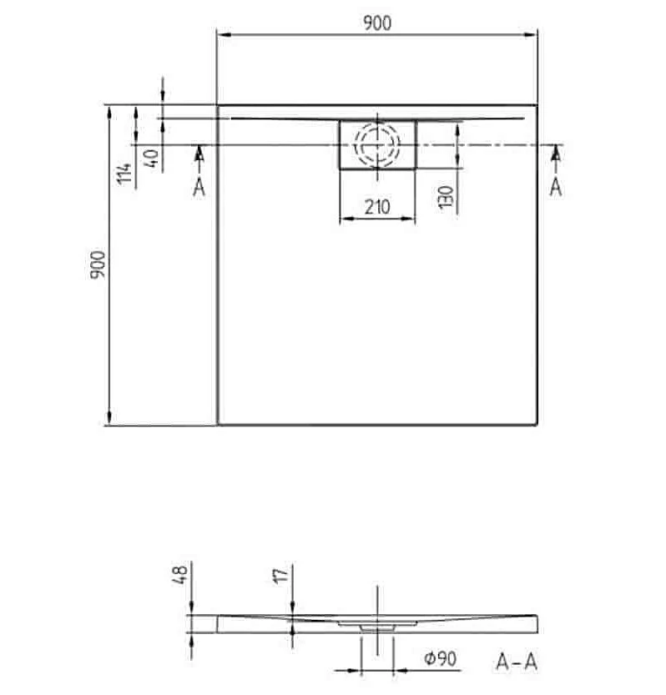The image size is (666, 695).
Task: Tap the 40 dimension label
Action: [151, 158]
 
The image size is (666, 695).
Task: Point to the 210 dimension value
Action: [377, 208]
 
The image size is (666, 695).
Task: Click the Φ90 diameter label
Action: [440, 659]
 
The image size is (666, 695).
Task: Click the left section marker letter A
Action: [199, 187]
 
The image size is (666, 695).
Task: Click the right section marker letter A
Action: [556, 187]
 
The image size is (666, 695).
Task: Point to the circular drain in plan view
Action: [377, 144]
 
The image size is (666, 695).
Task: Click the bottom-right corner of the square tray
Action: [536, 424]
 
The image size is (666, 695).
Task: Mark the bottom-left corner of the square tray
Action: [218, 424]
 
